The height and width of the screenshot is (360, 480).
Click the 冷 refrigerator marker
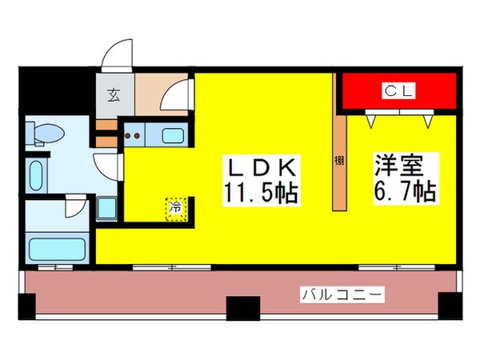pos(175,206)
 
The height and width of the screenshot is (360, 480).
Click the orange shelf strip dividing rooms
pos(339,160)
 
